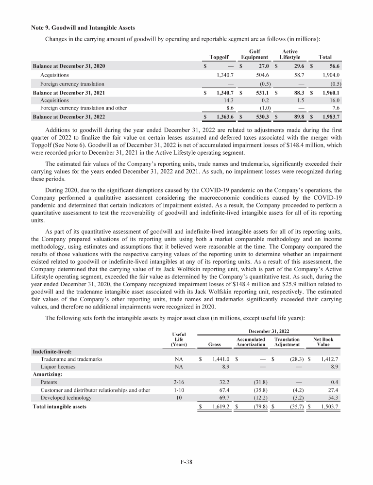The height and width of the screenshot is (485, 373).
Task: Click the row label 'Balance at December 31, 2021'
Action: pyautogui.click(x=68, y=92)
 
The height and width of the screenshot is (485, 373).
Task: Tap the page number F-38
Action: pyautogui.click(x=186, y=462)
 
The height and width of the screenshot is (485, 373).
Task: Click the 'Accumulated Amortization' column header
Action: pyautogui.click(x=251, y=342)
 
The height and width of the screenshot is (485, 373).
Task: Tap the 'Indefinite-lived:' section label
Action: pyautogui.click(x=52, y=351)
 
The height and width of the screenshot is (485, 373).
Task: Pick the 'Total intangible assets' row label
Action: pyautogui.click(x=59, y=406)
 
